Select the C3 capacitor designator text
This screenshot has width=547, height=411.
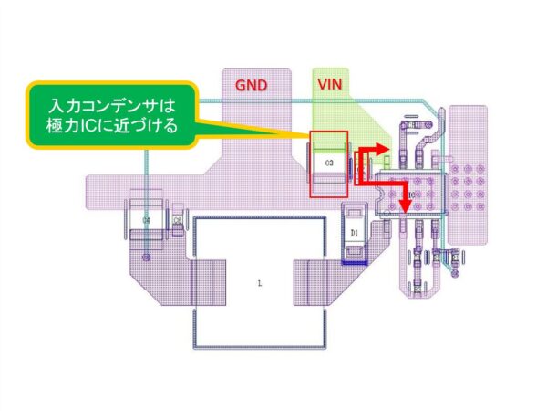(x=329, y=162)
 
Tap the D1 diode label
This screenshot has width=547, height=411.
(x=355, y=233)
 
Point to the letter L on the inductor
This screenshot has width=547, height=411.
(x=260, y=284)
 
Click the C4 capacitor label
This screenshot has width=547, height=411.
(x=147, y=221)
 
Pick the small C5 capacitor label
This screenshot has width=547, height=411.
(x=178, y=221)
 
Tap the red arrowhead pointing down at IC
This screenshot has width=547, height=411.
(x=404, y=209)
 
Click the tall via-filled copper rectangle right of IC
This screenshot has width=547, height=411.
(x=469, y=174)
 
